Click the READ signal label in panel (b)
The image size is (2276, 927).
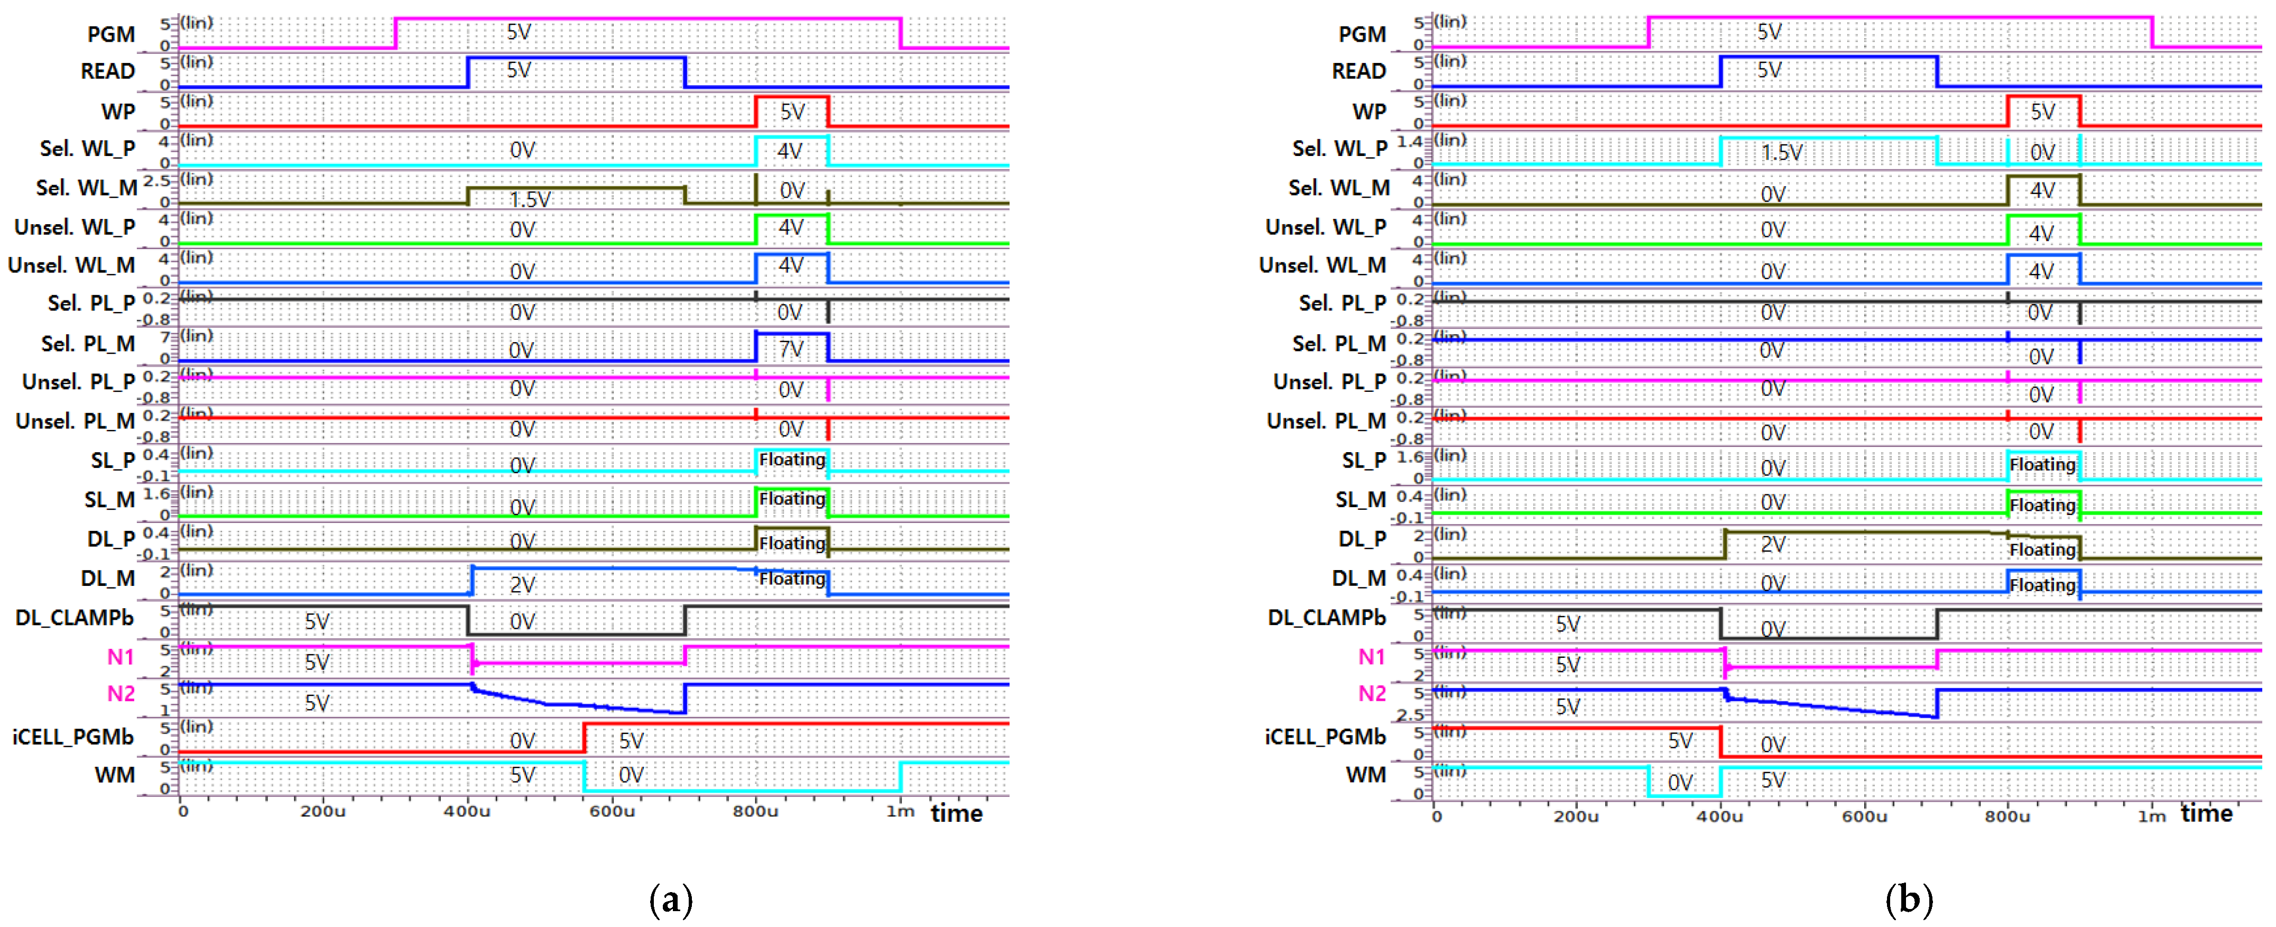[x=1359, y=71]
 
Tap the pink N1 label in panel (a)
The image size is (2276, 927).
[x=120, y=657]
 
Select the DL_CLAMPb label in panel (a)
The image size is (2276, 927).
[x=74, y=618]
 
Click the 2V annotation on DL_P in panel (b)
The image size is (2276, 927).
[x=1772, y=544]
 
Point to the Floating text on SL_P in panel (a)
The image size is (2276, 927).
[x=792, y=460]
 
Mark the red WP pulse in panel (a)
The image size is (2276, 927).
[x=792, y=98]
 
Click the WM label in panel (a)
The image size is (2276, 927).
[x=115, y=775]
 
